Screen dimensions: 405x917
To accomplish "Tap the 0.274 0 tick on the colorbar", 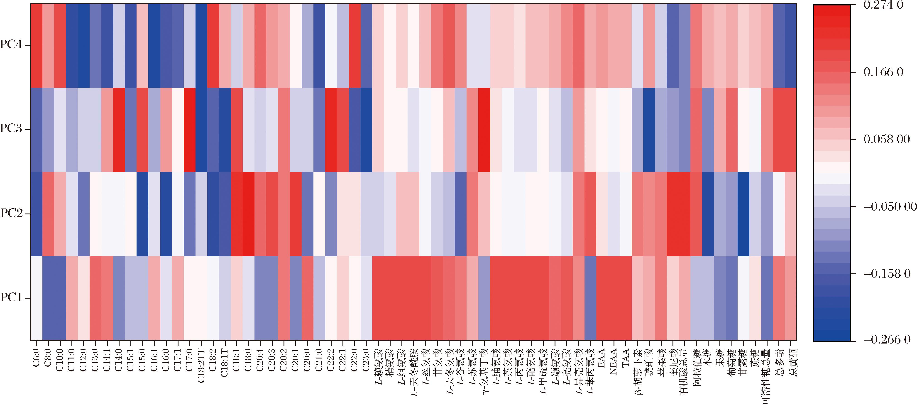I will pyautogui.click(x=883, y=5).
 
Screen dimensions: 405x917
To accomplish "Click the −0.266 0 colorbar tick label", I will pyautogui.click(x=886, y=340).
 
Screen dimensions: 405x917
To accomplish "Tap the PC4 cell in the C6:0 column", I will pyautogui.click(x=36, y=46).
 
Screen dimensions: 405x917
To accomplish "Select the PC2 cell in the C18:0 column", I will pyautogui.click(x=249, y=214).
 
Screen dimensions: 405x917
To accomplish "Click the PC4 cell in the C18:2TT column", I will pyautogui.click(x=201, y=46).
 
